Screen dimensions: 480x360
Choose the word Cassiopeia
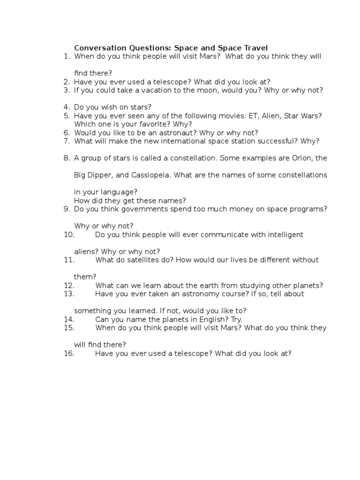(150, 175)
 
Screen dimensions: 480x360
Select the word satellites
(139, 260)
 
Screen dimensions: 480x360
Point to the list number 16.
(69, 353)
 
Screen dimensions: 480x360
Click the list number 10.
(69, 234)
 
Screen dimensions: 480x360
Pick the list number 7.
(67, 141)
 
